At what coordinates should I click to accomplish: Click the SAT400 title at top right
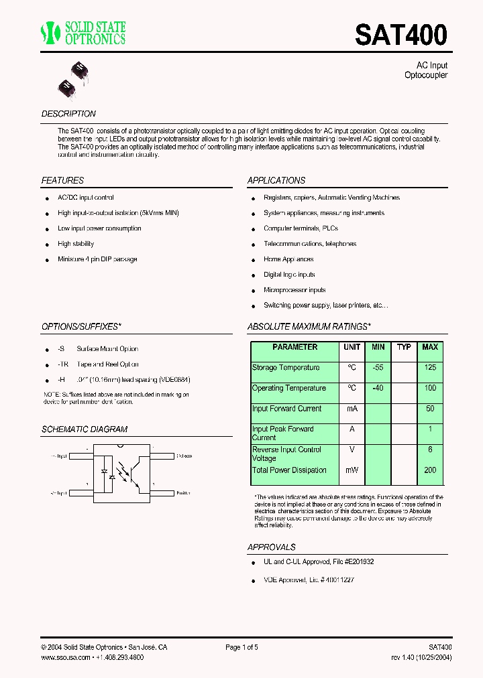click(x=400, y=35)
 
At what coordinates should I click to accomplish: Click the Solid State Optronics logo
click(x=83, y=33)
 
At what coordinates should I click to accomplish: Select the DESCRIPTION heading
click(x=68, y=114)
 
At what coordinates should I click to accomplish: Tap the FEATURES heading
click(x=62, y=180)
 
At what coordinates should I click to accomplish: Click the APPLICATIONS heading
click(x=276, y=180)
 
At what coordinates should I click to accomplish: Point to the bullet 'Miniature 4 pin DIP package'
click(x=97, y=259)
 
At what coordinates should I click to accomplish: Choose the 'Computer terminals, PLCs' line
click(x=301, y=228)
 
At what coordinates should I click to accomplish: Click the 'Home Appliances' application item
click(x=288, y=259)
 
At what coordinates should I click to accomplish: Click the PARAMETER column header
click(x=295, y=347)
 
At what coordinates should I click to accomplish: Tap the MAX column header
click(x=430, y=347)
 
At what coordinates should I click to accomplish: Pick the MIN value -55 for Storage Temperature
click(x=378, y=368)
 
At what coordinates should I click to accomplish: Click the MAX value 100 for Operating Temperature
click(x=430, y=388)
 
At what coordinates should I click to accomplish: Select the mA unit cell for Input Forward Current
click(x=352, y=409)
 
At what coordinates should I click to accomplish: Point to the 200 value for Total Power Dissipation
click(x=430, y=470)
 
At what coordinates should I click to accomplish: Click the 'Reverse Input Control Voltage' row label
click(x=286, y=454)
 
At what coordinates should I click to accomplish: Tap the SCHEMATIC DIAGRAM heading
click(x=85, y=429)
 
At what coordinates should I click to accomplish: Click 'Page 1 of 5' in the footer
click(x=241, y=647)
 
